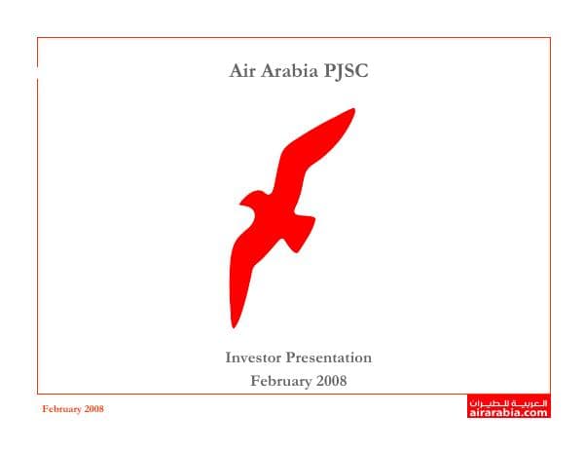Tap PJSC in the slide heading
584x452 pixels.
coord(347,71)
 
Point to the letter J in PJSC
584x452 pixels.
coord(342,71)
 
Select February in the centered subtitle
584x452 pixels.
coord(280,381)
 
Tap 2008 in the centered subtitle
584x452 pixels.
coord(330,381)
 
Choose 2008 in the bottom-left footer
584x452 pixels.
coord(94,409)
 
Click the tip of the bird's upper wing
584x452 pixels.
coord(352,111)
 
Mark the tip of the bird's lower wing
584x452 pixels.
coord(234,325)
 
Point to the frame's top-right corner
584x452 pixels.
coord(550,38)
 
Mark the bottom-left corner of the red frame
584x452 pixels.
coord(37,393)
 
